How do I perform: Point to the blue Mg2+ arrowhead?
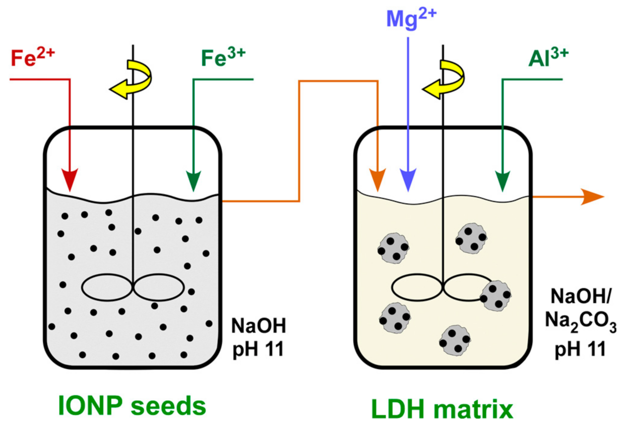(x=408, y=179)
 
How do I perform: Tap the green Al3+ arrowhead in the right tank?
(x=503, y=179)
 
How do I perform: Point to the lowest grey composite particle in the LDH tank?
(x=454, y=339)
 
